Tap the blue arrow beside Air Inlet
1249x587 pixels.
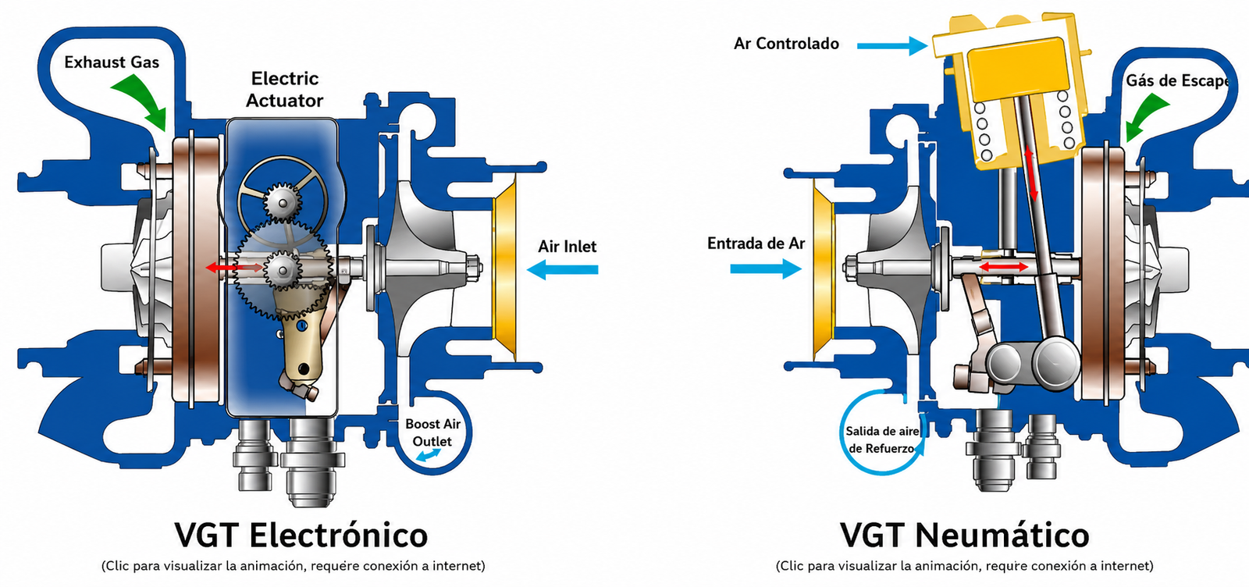562,270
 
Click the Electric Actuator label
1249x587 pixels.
284,89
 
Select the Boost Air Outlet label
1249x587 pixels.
432,432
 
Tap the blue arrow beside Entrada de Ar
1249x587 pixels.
766,269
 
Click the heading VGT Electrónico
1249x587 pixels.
301,535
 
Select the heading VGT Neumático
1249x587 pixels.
965,535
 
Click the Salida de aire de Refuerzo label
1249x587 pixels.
881,439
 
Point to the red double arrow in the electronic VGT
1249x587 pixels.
234,269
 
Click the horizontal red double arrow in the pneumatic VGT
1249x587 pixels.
1004,267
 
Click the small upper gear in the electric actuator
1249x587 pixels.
282,203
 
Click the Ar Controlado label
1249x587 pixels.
786,44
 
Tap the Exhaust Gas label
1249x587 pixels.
112,62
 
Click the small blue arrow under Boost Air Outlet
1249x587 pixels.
429,455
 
